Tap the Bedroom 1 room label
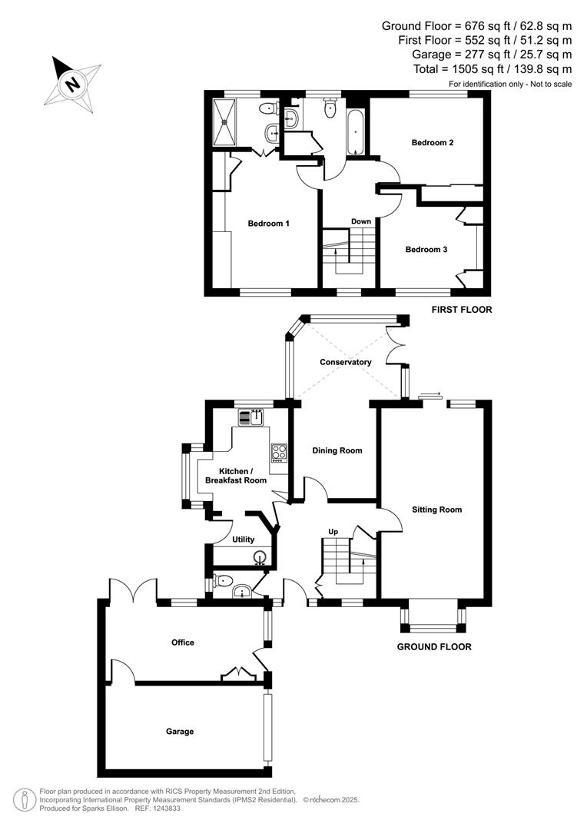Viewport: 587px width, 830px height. (x=268, y=224)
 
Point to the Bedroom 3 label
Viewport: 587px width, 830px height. (x=426, y=249)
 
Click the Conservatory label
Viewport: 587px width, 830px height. (x=346, y=362)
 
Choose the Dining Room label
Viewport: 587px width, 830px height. (x=337, y=450)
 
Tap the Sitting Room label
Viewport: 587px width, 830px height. (x=436, y=509)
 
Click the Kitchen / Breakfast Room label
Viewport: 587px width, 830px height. (x=235, y=476)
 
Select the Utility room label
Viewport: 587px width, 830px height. (x=243, y=539)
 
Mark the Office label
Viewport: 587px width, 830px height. (x=183, y=642)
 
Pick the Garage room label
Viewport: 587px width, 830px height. (x=181, y=731)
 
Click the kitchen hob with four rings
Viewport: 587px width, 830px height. (x=278, y=453)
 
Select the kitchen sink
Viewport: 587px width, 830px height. (x=251, y=417)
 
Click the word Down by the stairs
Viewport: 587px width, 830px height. (x=361, y=221)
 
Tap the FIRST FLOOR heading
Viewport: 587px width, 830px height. (x=462, y=310)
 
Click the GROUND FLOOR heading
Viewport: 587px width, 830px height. (x=434, y=646)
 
